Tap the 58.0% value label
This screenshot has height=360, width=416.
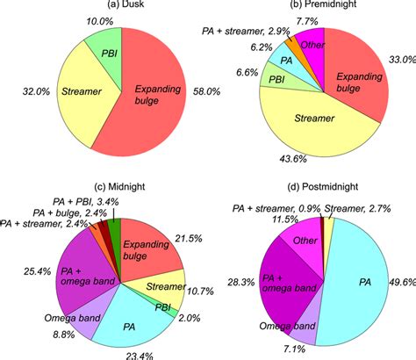click(x=217, y=91)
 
